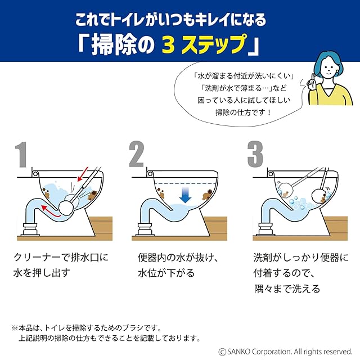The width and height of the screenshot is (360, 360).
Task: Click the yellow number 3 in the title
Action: click(x=168, y=44)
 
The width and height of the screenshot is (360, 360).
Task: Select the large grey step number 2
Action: click(x=136, y=154)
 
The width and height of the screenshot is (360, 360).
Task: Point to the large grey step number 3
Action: click(x=255, y=154)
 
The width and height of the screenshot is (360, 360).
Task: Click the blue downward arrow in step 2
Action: click(x=185, y=194)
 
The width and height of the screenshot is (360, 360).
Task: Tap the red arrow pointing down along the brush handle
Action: click(x=83, y=174)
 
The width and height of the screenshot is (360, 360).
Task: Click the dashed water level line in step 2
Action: click(x=186, y=184)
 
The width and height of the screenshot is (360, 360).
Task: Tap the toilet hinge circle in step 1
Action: click(x=35, y=174)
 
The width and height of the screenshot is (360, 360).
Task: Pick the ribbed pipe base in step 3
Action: click(x=267, y=229)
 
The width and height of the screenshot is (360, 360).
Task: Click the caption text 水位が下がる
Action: click(x=166, y=273)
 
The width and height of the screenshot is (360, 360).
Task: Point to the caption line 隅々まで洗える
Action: click(x=287, y=289)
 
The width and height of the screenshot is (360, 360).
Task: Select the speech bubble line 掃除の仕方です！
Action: click(x=244, y=112)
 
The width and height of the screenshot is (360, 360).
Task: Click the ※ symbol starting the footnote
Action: click(x=15, y=328)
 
